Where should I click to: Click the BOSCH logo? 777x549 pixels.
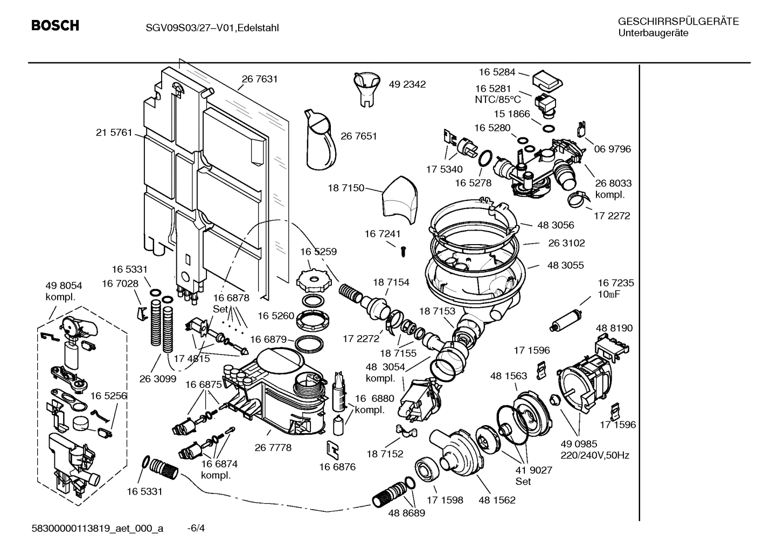55,25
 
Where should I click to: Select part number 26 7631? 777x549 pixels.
259,79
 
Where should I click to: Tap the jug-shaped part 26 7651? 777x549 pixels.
321,140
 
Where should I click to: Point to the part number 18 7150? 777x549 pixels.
346,188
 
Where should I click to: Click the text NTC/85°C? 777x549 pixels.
497,100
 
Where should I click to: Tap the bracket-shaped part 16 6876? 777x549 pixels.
332,448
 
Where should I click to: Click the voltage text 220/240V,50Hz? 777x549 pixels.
594,455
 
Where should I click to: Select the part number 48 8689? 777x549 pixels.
406,513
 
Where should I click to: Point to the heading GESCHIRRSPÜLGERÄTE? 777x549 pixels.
678,22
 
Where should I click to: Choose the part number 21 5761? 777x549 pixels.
114,133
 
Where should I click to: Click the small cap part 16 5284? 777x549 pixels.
547,81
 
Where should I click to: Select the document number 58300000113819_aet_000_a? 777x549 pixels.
97,529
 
